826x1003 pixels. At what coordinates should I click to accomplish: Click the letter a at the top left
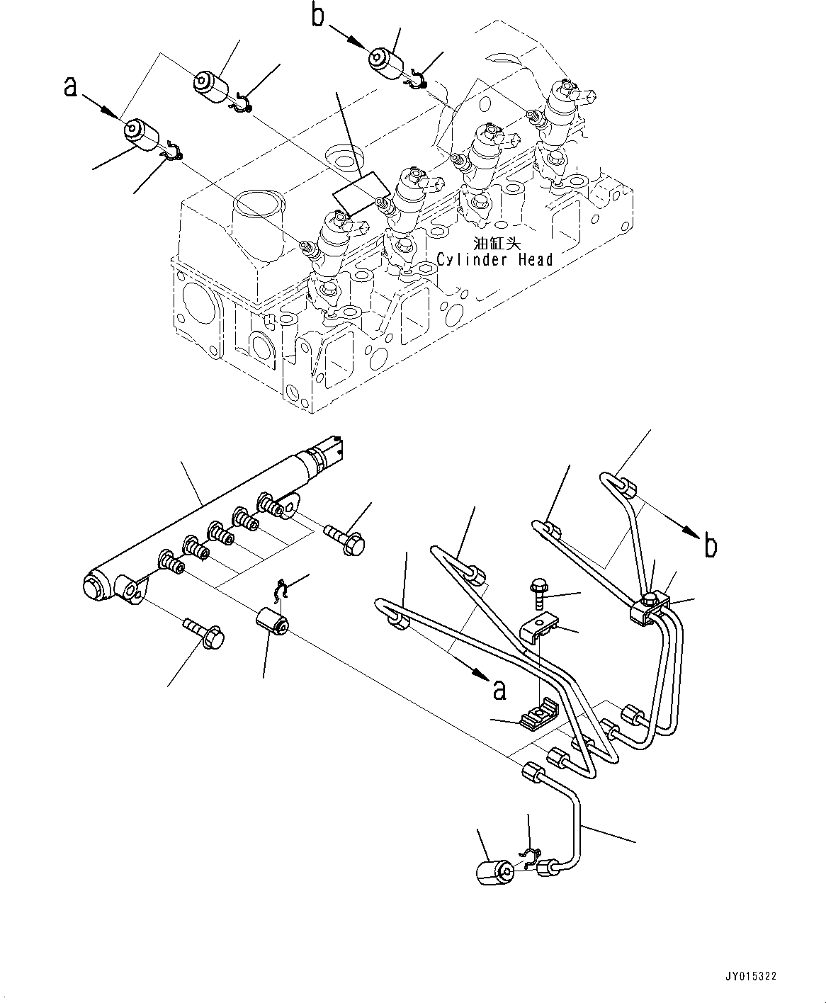pyautogui.click(x=69, y=88)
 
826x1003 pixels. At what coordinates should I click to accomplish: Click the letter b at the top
pyautogui.click(x=319, y=16)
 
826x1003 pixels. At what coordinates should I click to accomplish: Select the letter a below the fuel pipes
pyautogui.click(x=500, y=689)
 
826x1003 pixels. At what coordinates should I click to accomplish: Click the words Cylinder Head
pyautogui.click(x=494, y=260)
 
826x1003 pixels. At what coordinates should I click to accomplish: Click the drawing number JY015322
pyautogui.click(x=751, y=976)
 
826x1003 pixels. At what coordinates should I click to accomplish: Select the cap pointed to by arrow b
pyautogui.click(x=385, y=61)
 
